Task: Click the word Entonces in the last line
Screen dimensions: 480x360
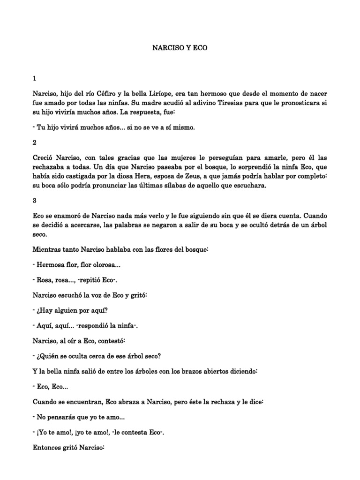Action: [x=52, y=448]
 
